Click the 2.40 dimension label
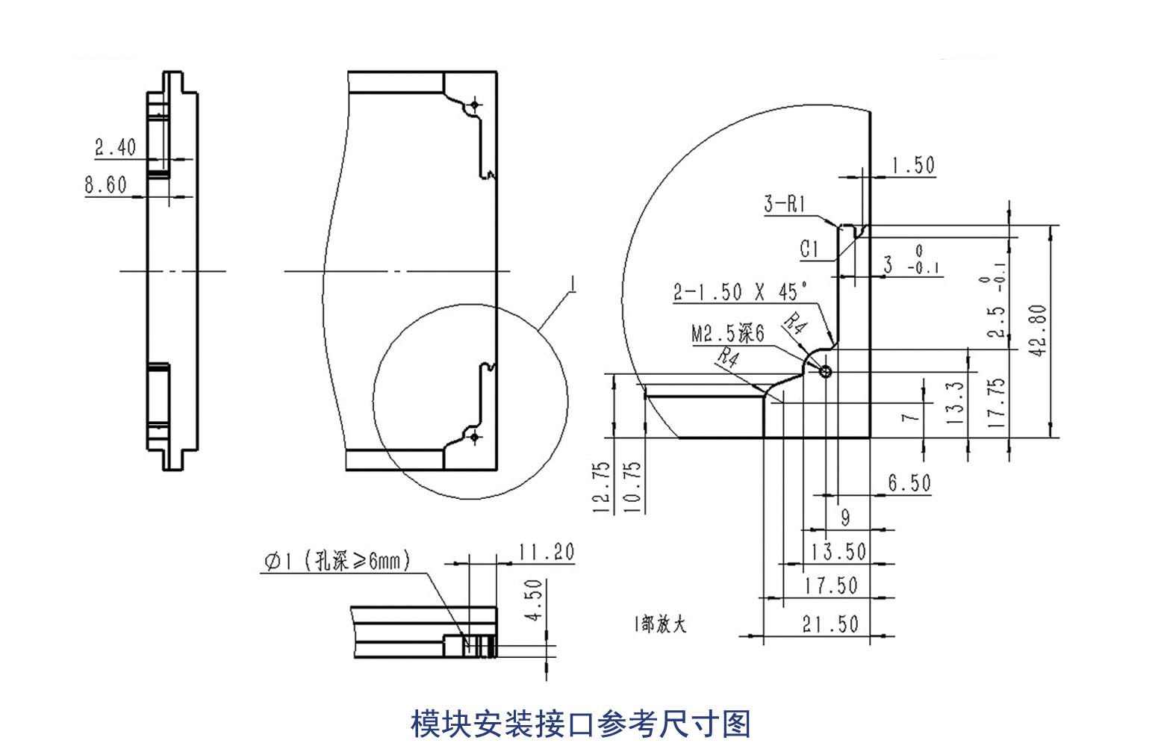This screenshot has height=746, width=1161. pos(115,147)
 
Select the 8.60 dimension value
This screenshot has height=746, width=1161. pos(105,184)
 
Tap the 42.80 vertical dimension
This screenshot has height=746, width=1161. pos(1039,329)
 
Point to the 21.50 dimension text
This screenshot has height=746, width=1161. pos(830,624)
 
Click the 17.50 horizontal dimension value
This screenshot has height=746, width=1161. pos(830,585)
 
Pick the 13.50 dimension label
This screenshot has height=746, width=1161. pos(838,552)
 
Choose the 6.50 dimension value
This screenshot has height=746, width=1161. pos(909,483)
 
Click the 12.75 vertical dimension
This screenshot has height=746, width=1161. pos(602,486)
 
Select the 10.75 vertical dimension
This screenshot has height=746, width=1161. pos(632,486)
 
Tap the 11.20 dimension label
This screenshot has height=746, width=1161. pos(547,553)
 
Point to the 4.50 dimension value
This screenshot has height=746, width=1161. pos(534,600)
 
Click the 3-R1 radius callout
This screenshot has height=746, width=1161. pos(785,203)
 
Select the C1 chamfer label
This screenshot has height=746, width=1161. pos(809,249)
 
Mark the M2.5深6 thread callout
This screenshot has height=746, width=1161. pos(728,333)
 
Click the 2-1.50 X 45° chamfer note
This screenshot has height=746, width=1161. pos(740,292)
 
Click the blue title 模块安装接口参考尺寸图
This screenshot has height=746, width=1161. pos(580,724)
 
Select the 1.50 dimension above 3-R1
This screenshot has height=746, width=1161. pos(913,165)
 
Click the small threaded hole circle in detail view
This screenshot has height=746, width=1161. pos(825,371)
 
